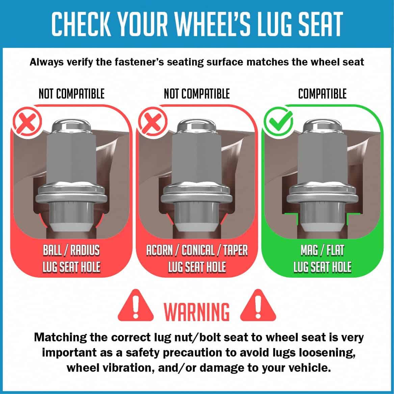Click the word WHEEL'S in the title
(x=213, y=24)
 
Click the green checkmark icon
(x=279, y=122)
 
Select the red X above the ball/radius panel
(x=27, y=122)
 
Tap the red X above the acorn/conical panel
(x=153, y=122)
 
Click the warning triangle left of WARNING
(x=135, y=305)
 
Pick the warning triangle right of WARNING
(x=258, y=305)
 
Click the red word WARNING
(x=197, y=312)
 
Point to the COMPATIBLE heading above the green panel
(x=322, y=94)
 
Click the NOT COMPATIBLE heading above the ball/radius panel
(x=72, y=94)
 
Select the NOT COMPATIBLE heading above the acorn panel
(x=197, y=94)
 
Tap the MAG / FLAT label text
(x=322, y=250)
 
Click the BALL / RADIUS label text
(x=71, y=250)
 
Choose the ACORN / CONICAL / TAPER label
(x=197, y=250)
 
